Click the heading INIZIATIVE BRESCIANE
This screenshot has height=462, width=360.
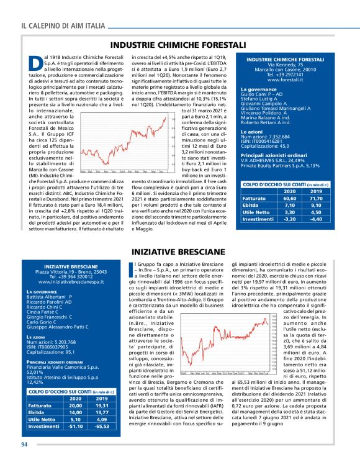click(x=178, y=253)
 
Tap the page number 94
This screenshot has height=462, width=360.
click(x=25, y=444)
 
